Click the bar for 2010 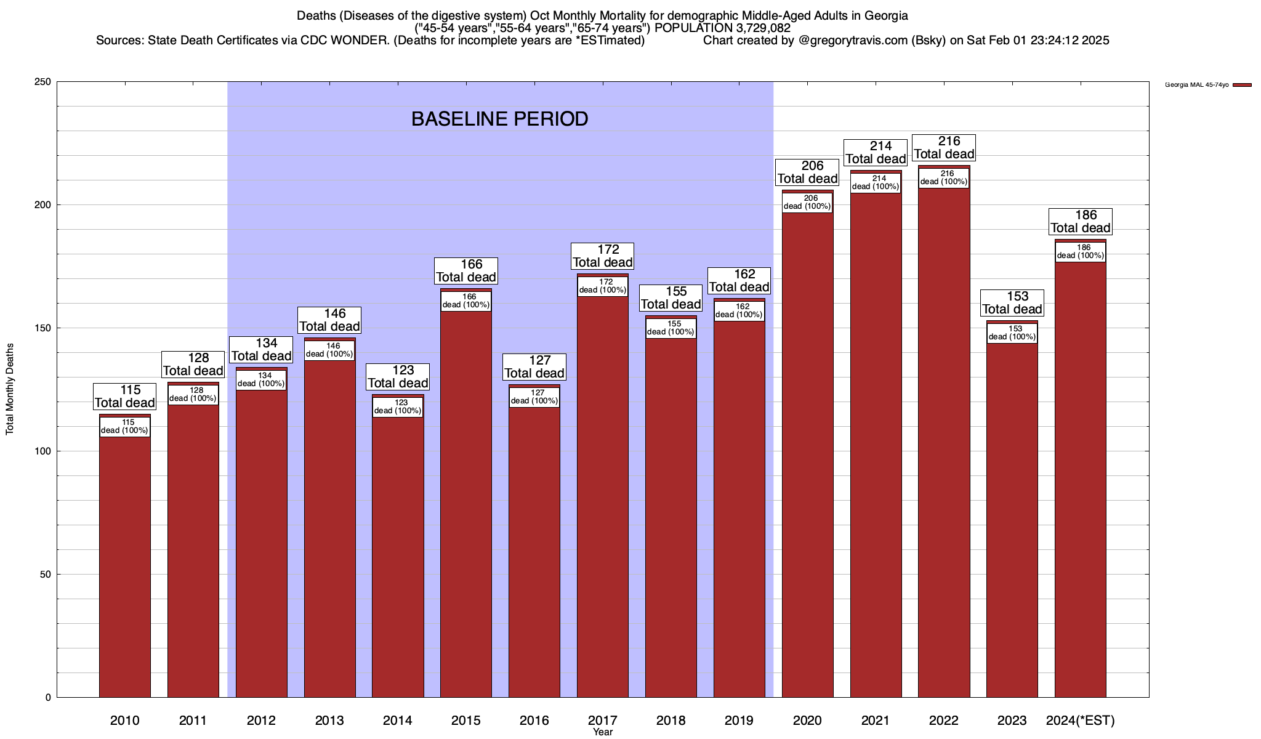pos(125,567)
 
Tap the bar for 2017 pos(603,493)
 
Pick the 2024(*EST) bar pos(1081,480)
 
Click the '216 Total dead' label pos(944,148)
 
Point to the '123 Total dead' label pos(398,377)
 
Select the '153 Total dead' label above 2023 pos(1012,303)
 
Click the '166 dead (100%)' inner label pos(466,301)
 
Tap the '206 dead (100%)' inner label pos(807,203)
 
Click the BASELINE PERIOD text pos(499,119)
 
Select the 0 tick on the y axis pos(47,698)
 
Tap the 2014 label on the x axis pos(398,721)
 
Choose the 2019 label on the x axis pos(739,721)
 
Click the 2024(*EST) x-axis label pos(1081,721)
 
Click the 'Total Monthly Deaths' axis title pos(10,389)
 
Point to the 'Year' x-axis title pos(603,732)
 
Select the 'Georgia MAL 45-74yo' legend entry pos(1196,85)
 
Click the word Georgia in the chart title pos(879,15)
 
